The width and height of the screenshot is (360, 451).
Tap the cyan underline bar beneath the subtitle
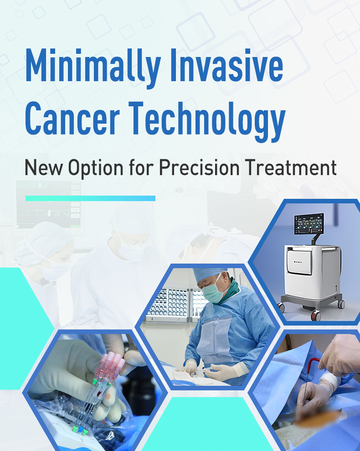tap(90, 198)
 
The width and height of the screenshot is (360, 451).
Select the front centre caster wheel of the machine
tap(315, 315)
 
